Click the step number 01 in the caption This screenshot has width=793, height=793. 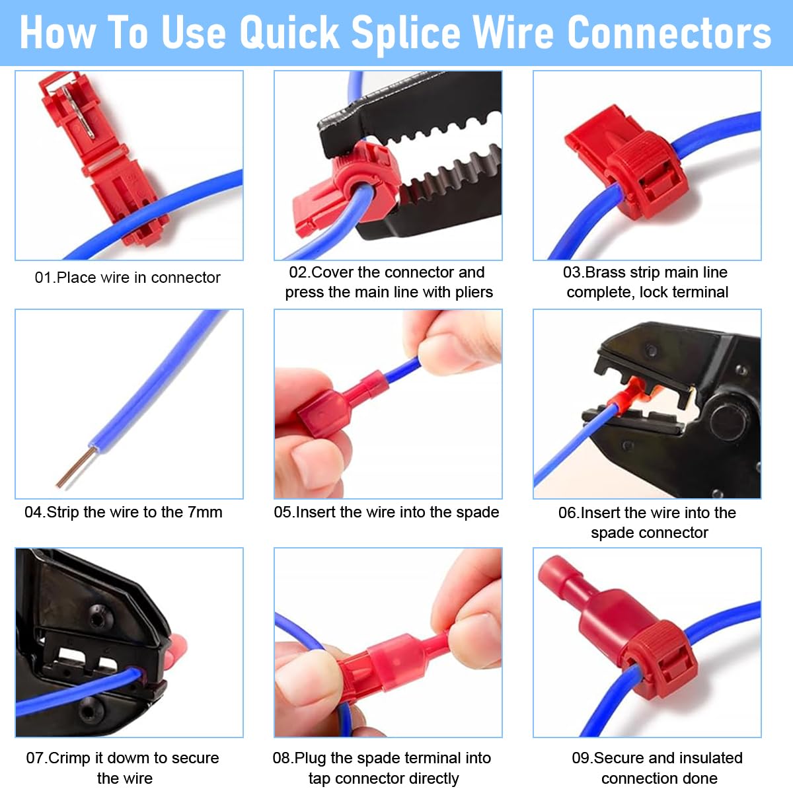point(42,278)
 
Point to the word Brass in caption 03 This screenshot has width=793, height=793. point(605,272)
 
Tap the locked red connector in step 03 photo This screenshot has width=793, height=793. point(634,165)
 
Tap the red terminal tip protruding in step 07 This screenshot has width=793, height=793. point(176,651)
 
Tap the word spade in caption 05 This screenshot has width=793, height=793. point(477,512)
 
